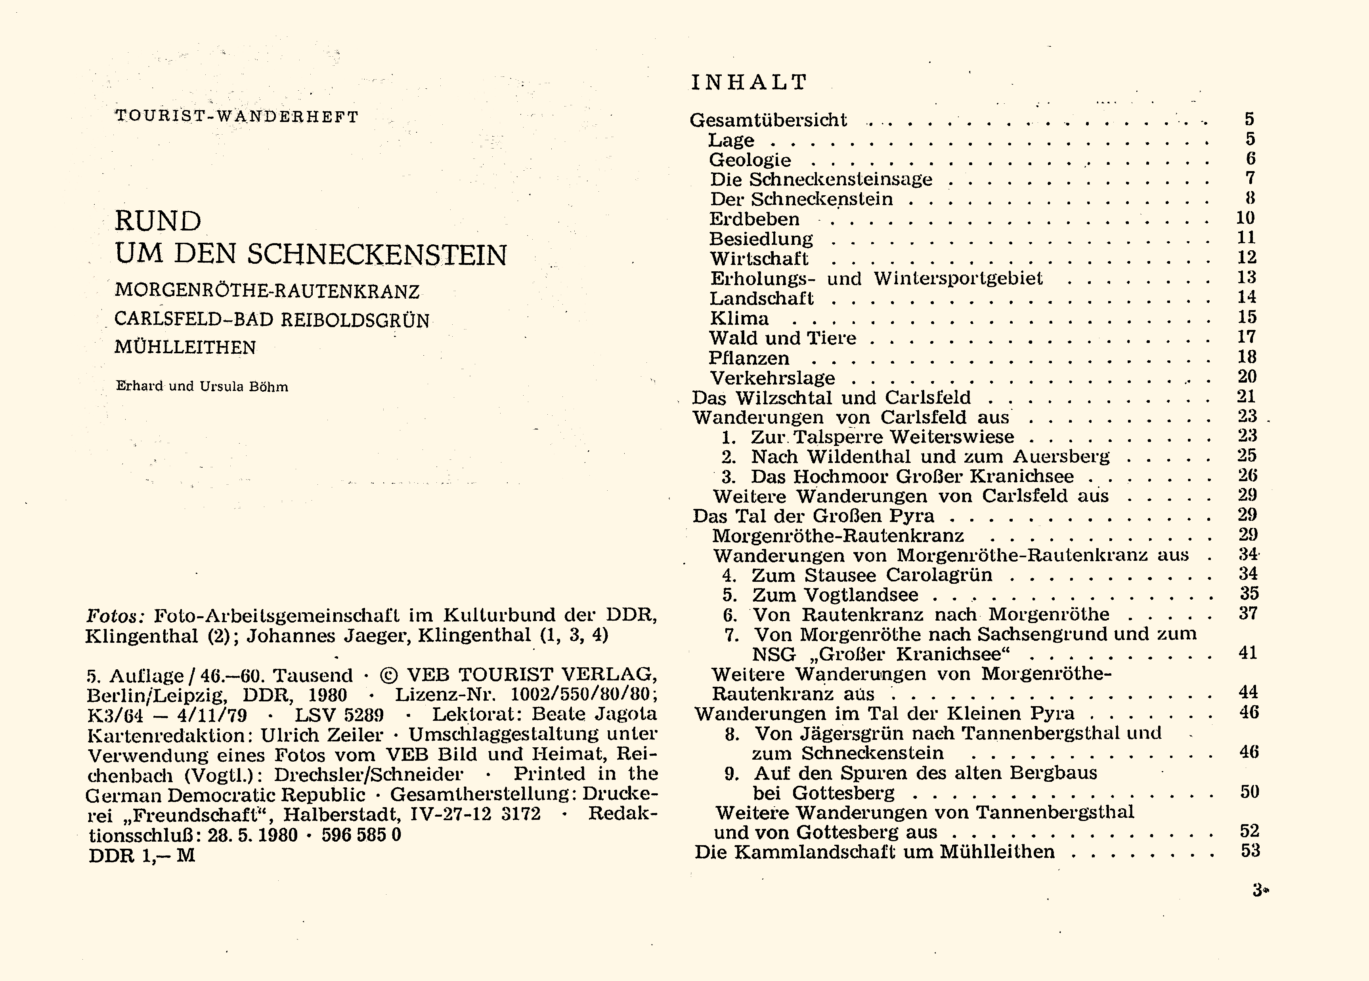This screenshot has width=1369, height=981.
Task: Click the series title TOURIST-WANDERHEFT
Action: pos(237,116)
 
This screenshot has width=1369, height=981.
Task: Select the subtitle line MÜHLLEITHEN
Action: pos(185,347)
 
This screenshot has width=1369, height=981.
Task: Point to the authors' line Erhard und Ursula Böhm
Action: pos(202,387)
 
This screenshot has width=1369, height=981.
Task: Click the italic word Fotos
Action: pos(115,616)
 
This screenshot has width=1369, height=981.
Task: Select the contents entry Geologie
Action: pos(750,160)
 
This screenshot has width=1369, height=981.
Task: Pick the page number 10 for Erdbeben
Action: pos(1245,218)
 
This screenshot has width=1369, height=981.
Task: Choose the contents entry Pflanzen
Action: pos(748,358)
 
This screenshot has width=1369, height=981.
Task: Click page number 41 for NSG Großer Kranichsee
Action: pos(1248,653)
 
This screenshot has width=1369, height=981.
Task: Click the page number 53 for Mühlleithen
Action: pos(1250,851)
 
